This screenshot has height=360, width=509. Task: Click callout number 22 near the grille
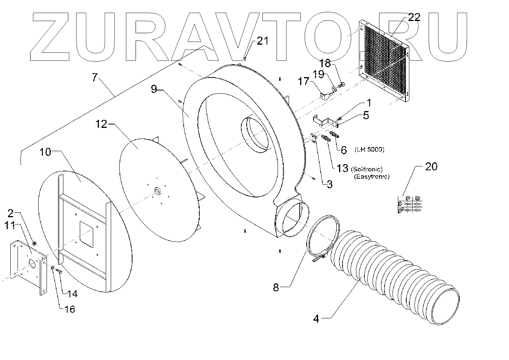414,17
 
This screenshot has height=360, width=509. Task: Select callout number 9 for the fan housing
154,89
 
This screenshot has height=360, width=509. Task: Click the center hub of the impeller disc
157,190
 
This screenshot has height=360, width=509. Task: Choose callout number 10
45,152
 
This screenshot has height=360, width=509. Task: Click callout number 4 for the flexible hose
316,318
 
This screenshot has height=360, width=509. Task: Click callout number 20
431,166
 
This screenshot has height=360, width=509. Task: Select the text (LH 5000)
369,149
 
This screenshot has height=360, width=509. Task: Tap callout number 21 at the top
262,41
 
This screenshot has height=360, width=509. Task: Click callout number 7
95,77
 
